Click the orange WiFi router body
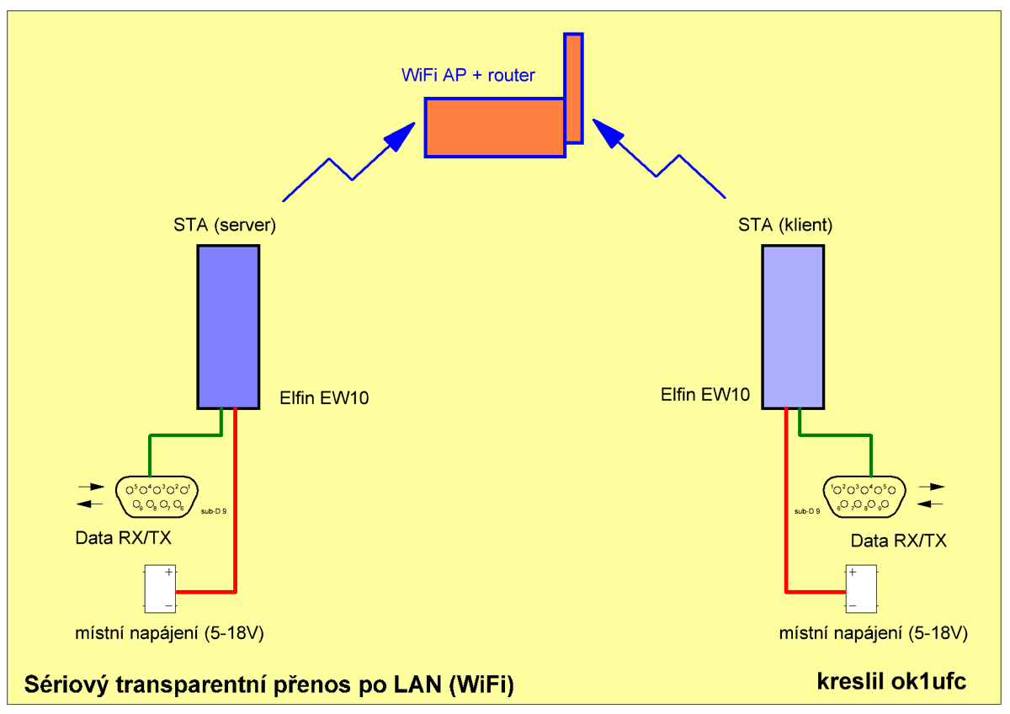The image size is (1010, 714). [494, 127]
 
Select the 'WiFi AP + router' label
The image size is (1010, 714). [468, 76]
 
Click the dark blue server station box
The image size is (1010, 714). [228, 327]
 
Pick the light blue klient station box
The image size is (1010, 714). [793, 327]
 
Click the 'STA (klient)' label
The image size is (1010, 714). [785, 225]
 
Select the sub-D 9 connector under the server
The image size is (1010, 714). [157, 497]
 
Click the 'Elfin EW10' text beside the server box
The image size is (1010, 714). [324, 397]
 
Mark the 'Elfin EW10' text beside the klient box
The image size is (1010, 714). [705, 392]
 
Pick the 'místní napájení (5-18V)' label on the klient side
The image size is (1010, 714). [873, 632]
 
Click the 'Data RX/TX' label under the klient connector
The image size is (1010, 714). [898, 541]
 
